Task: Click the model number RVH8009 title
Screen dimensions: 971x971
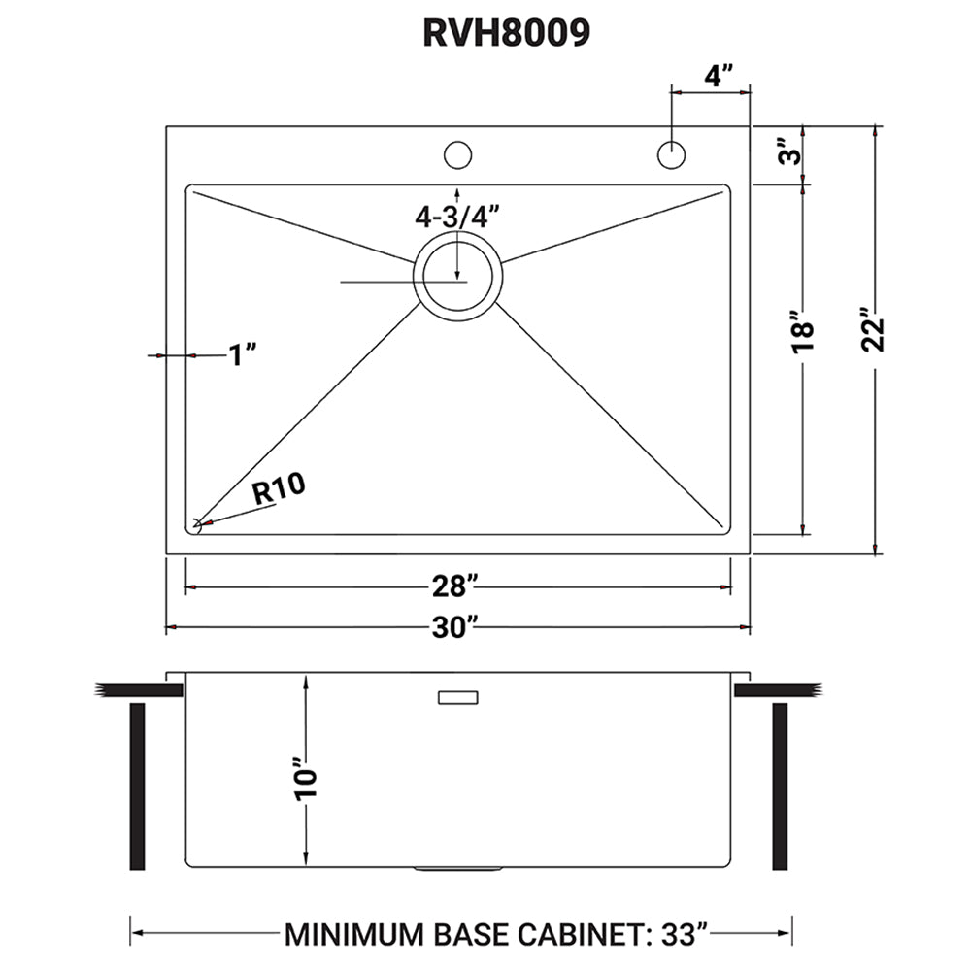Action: coord(505,32)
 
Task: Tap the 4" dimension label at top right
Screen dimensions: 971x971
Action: coord(718,74)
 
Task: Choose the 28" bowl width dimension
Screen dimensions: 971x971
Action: coord(456,587)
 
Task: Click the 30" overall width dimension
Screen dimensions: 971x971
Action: coord(456,628)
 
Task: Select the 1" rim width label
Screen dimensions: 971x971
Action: coord(242,356)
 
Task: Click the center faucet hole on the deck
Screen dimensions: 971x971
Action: coord(457,154)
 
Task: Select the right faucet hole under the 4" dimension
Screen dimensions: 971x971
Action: coord(671,154)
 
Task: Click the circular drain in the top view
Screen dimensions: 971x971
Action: coord(457,276)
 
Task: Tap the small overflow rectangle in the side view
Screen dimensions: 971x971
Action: coord(458,697)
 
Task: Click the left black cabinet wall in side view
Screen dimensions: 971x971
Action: coord(137,787)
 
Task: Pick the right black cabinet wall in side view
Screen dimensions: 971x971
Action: coord(780,787)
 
